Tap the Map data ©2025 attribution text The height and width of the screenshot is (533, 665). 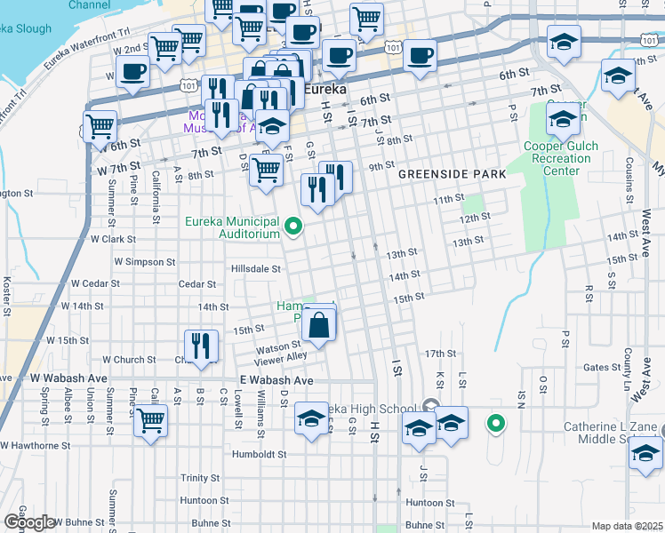(628, 526)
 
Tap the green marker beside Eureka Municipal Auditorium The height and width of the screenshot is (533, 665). (293, 229)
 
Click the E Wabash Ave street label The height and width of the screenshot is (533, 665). (276, 379)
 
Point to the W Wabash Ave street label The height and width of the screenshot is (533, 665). (68, 378)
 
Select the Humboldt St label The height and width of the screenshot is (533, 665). (257, 453)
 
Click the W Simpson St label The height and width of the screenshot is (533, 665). (139, 262)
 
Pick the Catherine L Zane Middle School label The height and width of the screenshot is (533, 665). (610, 433)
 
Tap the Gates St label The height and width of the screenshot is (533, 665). (602, 367)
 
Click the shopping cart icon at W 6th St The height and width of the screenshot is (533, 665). (100, 125)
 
